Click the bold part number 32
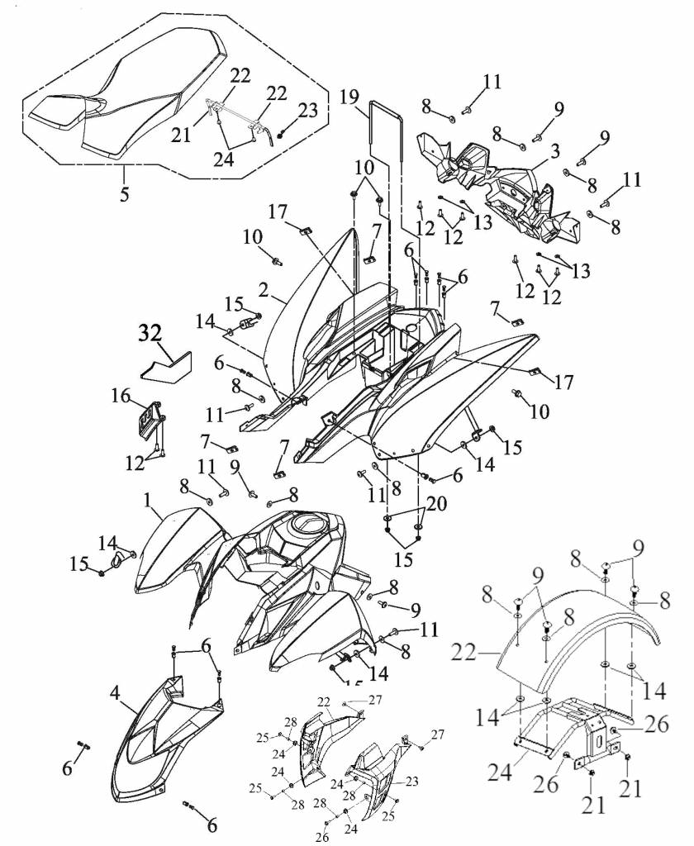[x=150, y=334]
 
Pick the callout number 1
[x=146, y=501]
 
